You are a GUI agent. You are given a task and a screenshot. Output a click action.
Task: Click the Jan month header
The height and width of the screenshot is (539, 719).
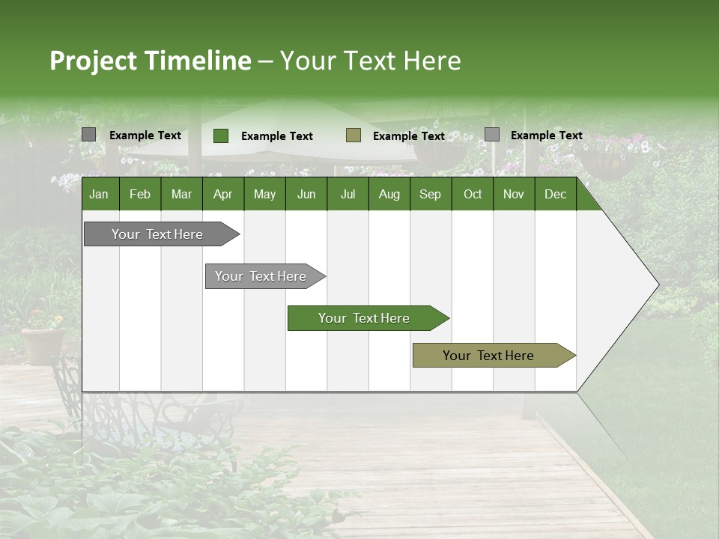coord(99,194)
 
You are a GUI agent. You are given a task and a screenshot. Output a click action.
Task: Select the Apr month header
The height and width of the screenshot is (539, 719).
coord(222,194)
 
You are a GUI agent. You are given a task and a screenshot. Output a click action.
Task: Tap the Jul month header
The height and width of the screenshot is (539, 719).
coord(348,194)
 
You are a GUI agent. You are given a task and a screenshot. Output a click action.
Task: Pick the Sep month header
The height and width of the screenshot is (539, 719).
coord(430,194)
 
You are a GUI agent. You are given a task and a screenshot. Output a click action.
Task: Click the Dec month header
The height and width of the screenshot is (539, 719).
coord(555,194)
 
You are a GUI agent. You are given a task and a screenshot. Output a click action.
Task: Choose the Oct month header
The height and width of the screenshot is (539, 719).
coord(473,194)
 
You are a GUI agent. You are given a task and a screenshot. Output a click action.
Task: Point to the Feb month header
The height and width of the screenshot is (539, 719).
coord(140,194)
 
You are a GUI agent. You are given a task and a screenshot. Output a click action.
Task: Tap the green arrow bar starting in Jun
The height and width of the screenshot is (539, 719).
coord(365,318)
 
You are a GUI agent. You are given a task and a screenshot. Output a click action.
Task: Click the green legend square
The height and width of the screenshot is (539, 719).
coord(221,135)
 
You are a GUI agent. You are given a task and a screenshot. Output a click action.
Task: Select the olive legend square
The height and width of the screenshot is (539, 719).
coord(354,135)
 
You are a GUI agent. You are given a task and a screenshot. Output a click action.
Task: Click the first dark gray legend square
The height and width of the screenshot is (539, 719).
coord(88,135)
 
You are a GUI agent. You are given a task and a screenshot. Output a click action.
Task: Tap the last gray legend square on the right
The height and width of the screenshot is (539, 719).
coord(492,135)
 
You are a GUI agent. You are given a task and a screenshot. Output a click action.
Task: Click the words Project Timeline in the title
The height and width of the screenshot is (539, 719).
coord(151,61)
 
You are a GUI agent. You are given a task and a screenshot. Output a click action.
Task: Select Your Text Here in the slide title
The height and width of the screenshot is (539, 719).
coord(371,61)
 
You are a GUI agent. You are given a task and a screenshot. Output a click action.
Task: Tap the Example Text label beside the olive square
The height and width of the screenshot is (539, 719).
coord(409,136)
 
